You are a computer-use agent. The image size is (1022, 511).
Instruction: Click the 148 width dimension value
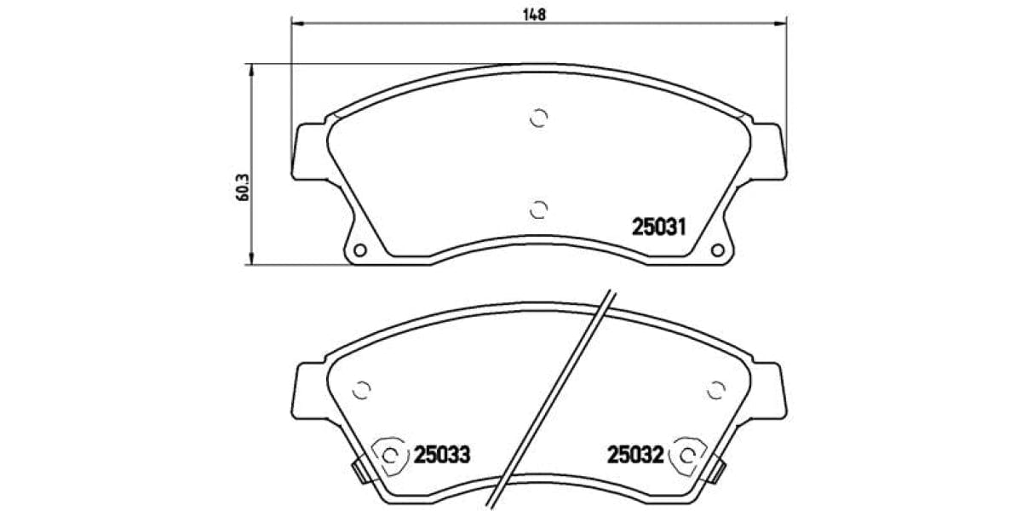535,14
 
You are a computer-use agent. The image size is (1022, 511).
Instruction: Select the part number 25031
659,227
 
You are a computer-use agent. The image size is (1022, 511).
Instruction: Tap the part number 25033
442,456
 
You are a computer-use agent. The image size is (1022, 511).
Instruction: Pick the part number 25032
635,456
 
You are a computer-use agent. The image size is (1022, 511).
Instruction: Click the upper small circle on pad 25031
538,118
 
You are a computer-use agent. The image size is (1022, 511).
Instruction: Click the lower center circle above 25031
537,210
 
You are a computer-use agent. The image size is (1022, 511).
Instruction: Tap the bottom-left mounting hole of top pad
359,250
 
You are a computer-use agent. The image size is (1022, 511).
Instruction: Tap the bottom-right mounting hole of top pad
716,250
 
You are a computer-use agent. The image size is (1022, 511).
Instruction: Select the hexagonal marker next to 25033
390,456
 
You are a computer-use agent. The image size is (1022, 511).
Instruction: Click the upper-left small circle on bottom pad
362,389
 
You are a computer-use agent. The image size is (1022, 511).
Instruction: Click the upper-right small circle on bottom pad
716,389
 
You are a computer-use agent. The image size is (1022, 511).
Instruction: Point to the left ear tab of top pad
309,152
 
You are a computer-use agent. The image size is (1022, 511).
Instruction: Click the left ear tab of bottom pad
309,390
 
